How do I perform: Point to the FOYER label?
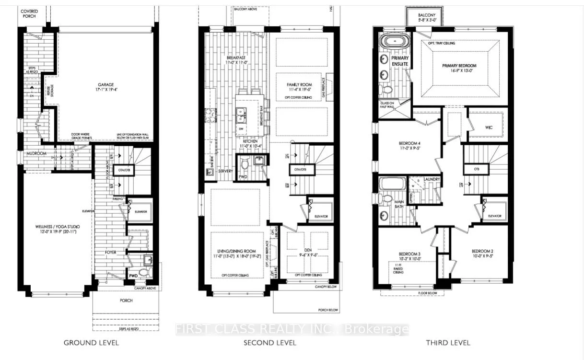111,252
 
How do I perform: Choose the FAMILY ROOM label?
300,85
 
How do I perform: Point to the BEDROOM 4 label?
409,143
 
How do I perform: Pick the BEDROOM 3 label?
409,254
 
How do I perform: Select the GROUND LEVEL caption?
91,343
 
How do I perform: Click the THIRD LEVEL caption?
448,343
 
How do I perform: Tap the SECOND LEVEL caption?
269,343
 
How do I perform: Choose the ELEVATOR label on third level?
494,216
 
